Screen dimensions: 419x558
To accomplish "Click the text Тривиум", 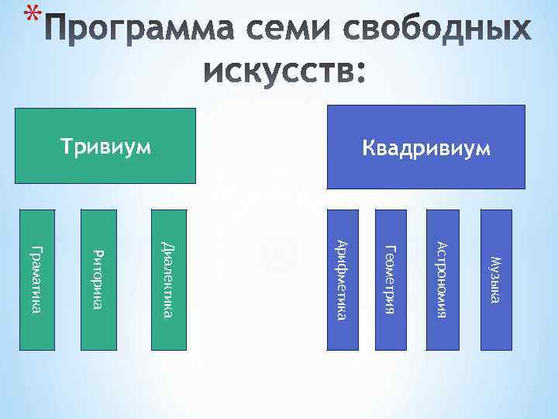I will click(105, 147).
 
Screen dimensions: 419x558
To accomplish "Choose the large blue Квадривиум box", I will click(426, 145).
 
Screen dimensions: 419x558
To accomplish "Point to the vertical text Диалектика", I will click(167, 279).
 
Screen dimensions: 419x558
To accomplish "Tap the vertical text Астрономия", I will click(441, 279).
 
